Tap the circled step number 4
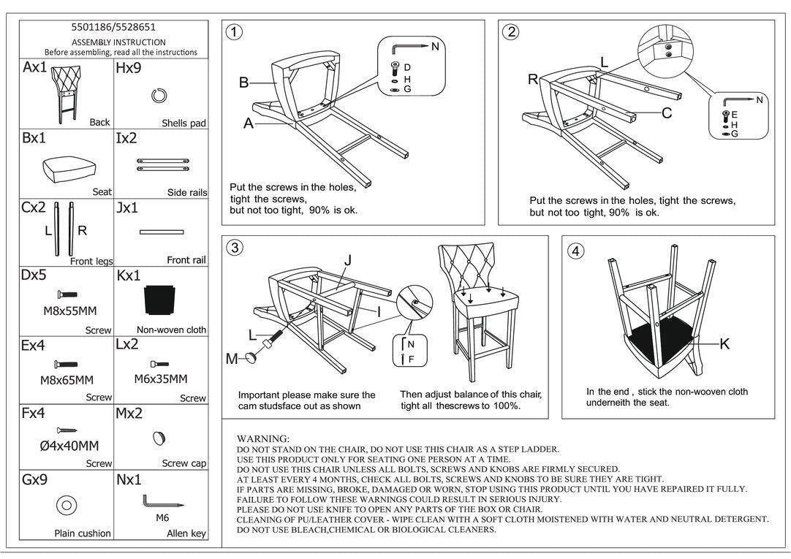(577, 251)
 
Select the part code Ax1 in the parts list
(34, 68)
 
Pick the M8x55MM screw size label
(69, 311)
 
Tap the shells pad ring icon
(159, 95)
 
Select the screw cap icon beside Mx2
(159, 438)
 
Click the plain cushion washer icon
(66, 505)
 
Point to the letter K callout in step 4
(724, 344)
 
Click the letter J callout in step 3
(348, 259)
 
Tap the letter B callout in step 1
(244, 83)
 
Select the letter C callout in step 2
(667, 113)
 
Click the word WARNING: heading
(263, 438)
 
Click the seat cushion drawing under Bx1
(66, 169)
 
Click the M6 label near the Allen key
(162, 517)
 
